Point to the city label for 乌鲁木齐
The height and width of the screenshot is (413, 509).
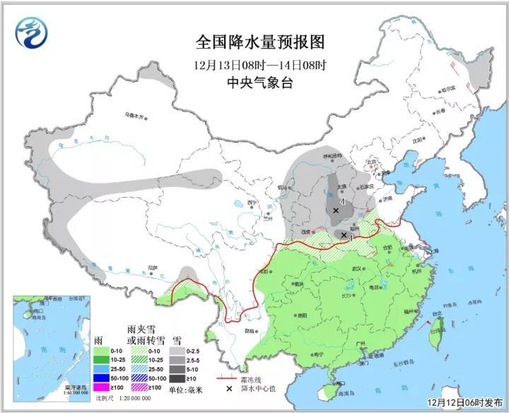point(134,114)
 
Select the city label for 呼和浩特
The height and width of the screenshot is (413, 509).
point(332,156)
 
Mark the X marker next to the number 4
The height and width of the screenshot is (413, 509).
point(336,210)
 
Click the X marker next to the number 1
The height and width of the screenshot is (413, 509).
point(344,234)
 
